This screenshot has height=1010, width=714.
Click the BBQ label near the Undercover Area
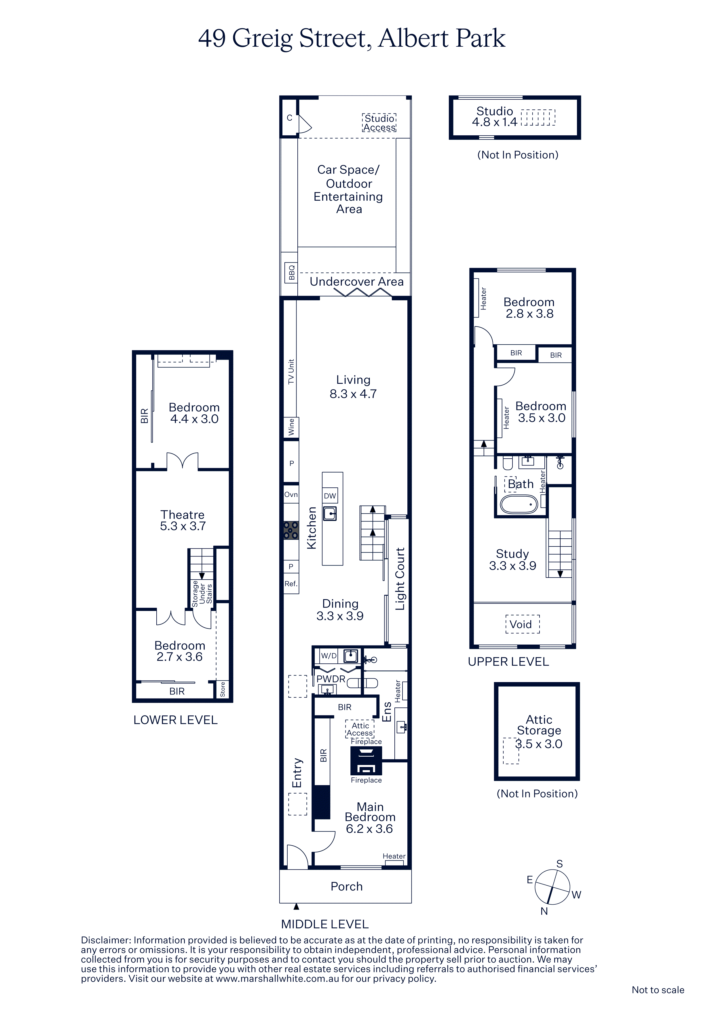pos(291,273)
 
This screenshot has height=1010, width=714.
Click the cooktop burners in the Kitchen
pos(291,530)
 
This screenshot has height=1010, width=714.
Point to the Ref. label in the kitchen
pos(291,584)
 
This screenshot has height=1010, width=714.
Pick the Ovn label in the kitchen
pos(291,494)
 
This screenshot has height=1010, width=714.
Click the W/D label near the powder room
pos(328,656)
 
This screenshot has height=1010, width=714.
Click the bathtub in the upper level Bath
pos(519,504)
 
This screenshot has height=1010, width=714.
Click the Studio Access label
pos(379,123)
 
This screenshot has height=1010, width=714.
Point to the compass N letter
pos(544,911)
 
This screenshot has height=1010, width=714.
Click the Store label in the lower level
pos(223,689)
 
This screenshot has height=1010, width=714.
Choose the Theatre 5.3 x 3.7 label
pos(183,520)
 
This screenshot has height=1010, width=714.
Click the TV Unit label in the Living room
pos(291,372)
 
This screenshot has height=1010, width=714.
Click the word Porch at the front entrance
pos(347,886)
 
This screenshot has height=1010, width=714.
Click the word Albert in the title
pos(413,38)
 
